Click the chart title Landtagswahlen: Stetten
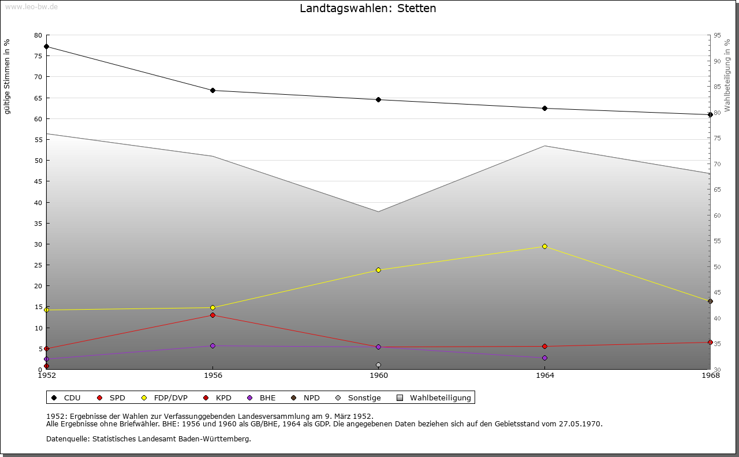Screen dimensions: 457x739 368,9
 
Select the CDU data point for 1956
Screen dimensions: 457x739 212,90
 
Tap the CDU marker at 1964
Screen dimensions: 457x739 544,108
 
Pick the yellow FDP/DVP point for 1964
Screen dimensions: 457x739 544,246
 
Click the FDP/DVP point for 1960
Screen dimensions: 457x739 378,270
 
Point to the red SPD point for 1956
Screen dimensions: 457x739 212,315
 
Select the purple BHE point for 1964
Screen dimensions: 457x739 544,358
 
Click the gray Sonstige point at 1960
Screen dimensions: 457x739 378,365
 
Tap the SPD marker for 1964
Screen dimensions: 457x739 544,346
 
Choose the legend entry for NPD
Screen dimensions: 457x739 306,397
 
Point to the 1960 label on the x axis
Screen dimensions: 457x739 378,376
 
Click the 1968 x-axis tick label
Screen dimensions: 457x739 710,376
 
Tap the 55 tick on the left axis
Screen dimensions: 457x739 38,139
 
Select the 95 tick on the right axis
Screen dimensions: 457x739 716,35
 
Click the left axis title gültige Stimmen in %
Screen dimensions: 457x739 8,76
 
